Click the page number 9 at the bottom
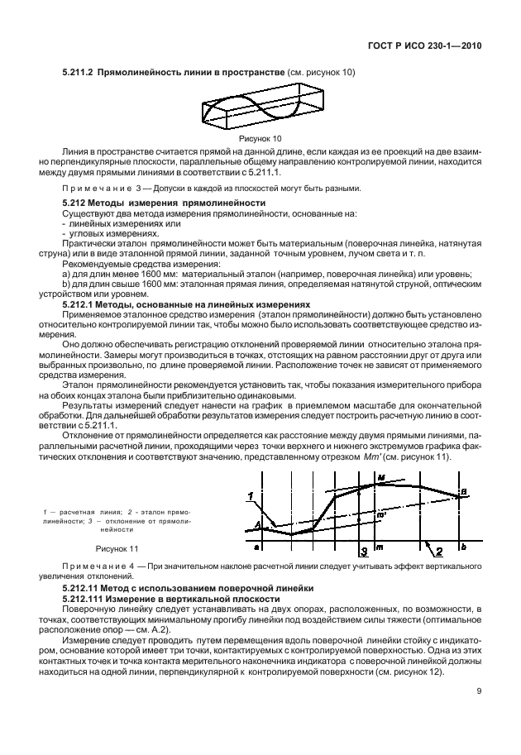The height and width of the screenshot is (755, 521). coord(479,693)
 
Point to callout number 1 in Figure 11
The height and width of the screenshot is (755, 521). coord(248,495)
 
